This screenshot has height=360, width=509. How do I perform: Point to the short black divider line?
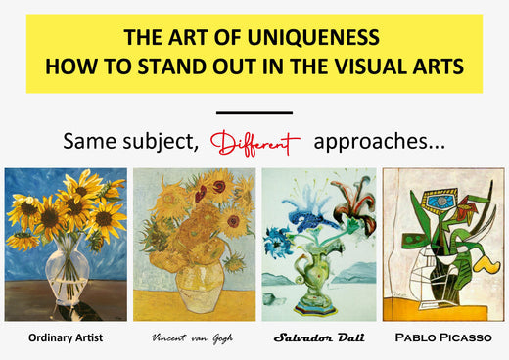pos(254,112)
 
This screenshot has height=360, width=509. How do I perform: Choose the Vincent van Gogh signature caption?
pos(192,338)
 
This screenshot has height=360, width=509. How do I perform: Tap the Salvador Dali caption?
pos(318,338)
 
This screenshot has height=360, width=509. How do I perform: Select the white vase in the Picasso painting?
pos(431,284)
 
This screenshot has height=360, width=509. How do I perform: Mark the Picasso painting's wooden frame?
pos(385,245)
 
